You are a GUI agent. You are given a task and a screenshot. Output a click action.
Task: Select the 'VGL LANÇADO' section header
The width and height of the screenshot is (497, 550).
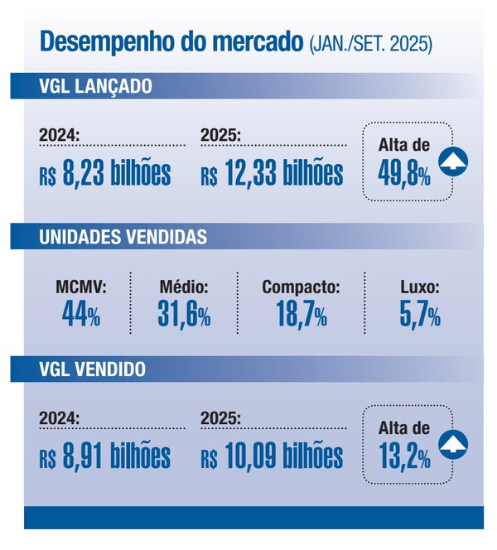click(94, 86)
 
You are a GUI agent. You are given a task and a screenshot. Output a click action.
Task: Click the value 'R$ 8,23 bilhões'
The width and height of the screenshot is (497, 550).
click(104, 174)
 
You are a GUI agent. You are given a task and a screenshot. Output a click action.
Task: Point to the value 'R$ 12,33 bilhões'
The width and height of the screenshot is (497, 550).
click(272, 174)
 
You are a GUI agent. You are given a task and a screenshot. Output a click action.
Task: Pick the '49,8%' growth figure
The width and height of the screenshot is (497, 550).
click(404, 174)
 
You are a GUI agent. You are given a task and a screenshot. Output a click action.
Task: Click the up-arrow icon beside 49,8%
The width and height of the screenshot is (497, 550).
click(454, 161)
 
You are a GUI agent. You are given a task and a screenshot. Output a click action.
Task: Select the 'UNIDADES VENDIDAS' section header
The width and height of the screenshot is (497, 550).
click(123, 238)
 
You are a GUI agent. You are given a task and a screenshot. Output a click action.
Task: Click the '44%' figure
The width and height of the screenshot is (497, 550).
click(80, 315)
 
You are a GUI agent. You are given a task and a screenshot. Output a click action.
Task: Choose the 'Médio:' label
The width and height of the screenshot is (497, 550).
click(183, 288)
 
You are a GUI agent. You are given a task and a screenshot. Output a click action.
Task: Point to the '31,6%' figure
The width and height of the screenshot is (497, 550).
click(183, 315)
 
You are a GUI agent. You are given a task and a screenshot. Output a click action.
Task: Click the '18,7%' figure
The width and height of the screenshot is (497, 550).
click(300, 315)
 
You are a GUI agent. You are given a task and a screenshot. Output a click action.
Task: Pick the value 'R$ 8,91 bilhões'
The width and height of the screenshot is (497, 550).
click(104, 456)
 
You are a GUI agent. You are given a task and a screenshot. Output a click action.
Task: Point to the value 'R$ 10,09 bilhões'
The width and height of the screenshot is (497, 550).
click(272, 456)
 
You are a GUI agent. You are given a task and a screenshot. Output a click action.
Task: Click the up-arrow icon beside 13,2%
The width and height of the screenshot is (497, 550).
click(454, 443)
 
